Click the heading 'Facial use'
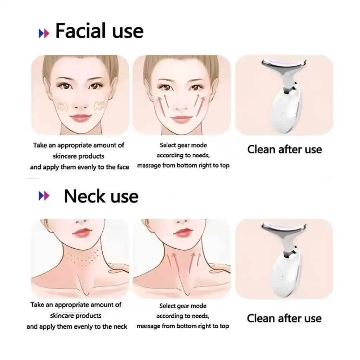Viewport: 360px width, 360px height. [x=99, y=31]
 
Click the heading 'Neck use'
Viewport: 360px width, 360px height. [x=101, y=197]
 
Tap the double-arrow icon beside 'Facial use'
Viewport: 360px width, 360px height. [x=44, y=33]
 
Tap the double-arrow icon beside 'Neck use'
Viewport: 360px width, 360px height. [x=44, y=196]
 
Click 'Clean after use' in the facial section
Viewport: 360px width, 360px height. [x=284, y=149]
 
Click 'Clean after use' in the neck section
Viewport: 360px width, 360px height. [x=284, y=319]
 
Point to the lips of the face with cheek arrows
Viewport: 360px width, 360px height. [x=181, y=119]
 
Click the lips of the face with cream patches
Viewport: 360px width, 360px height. [x=80, y=118]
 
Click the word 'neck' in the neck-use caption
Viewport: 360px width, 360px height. [x=121, y=327]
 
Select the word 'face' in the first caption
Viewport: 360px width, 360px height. [x=123, y=167]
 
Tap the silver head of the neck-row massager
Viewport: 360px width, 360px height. [x=284, y=228]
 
